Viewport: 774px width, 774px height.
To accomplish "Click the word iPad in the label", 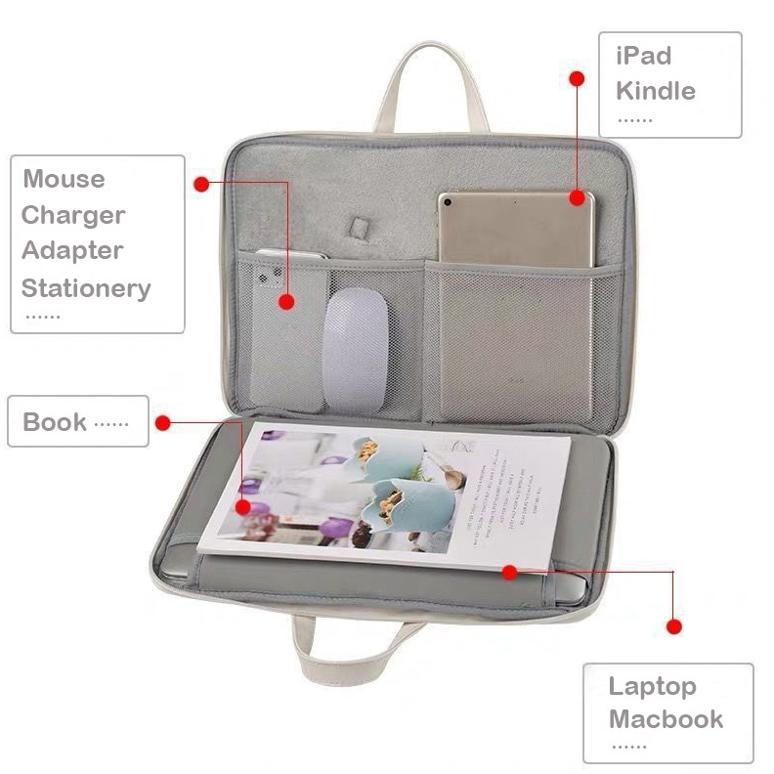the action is [643, 56].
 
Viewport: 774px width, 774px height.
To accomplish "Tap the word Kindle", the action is [655, 91].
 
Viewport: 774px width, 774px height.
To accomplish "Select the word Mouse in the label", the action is [64, 179].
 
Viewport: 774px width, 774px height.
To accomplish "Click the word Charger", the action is [73, 215].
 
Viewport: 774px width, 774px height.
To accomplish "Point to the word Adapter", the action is [72, 250].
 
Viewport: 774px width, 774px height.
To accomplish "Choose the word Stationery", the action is [86, 288].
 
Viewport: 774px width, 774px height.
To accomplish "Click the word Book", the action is [55, 422].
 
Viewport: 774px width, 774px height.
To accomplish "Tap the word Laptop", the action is [653, 686].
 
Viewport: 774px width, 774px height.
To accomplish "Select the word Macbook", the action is [666, 719].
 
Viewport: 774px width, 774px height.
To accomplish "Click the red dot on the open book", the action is [243, 508].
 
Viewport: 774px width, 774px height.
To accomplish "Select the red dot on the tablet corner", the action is [577, 196].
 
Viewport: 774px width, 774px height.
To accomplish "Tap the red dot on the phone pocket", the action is [286, 302].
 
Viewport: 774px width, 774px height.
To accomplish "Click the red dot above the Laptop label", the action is [673, 625].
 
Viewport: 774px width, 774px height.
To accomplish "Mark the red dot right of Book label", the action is [163, 423].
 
